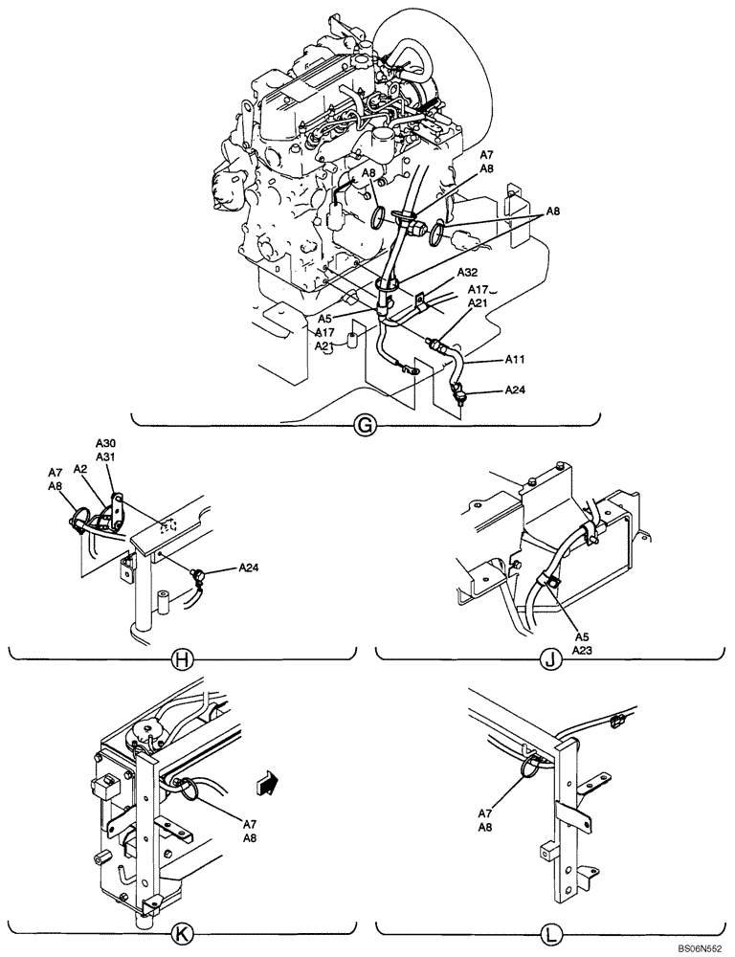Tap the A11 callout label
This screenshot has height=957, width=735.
point(518,360)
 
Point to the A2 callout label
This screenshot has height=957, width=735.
point(81,470)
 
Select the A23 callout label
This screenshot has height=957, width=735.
point(584,648)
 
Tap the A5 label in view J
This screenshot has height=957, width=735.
point(581,634)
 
